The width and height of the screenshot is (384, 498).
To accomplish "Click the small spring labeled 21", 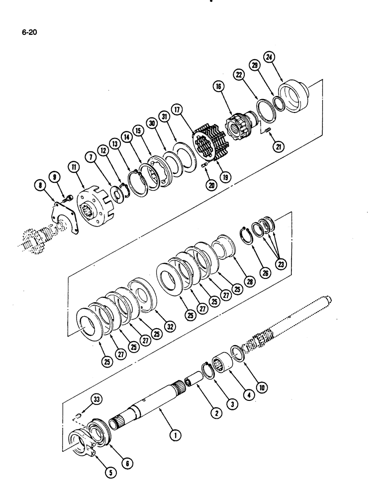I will [266, 131].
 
